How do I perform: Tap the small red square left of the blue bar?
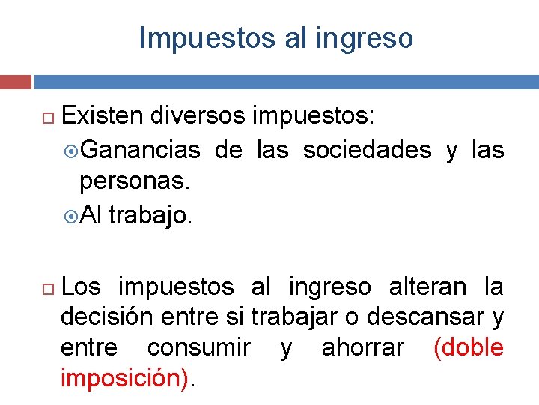pos(16,81)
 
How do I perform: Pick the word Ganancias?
pos(140,150)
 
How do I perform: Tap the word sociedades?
pos(367,150)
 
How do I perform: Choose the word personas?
pos(132,182)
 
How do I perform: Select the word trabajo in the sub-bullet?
pos(149,216)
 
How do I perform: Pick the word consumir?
pos(198,348)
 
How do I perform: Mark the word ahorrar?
pos(363,348)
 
